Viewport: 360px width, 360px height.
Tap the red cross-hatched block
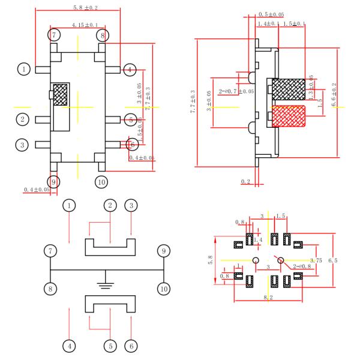click(289, 115)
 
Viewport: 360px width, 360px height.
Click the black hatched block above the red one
click(289, 89)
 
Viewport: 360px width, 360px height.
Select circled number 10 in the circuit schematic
click(163, 289)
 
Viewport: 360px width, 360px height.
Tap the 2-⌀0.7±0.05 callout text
click(236, 92)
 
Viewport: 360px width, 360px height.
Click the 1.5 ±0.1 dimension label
click(295, 23)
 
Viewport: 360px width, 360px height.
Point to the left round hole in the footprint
click(256, 260)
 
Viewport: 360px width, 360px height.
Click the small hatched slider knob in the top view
click(61, 95)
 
